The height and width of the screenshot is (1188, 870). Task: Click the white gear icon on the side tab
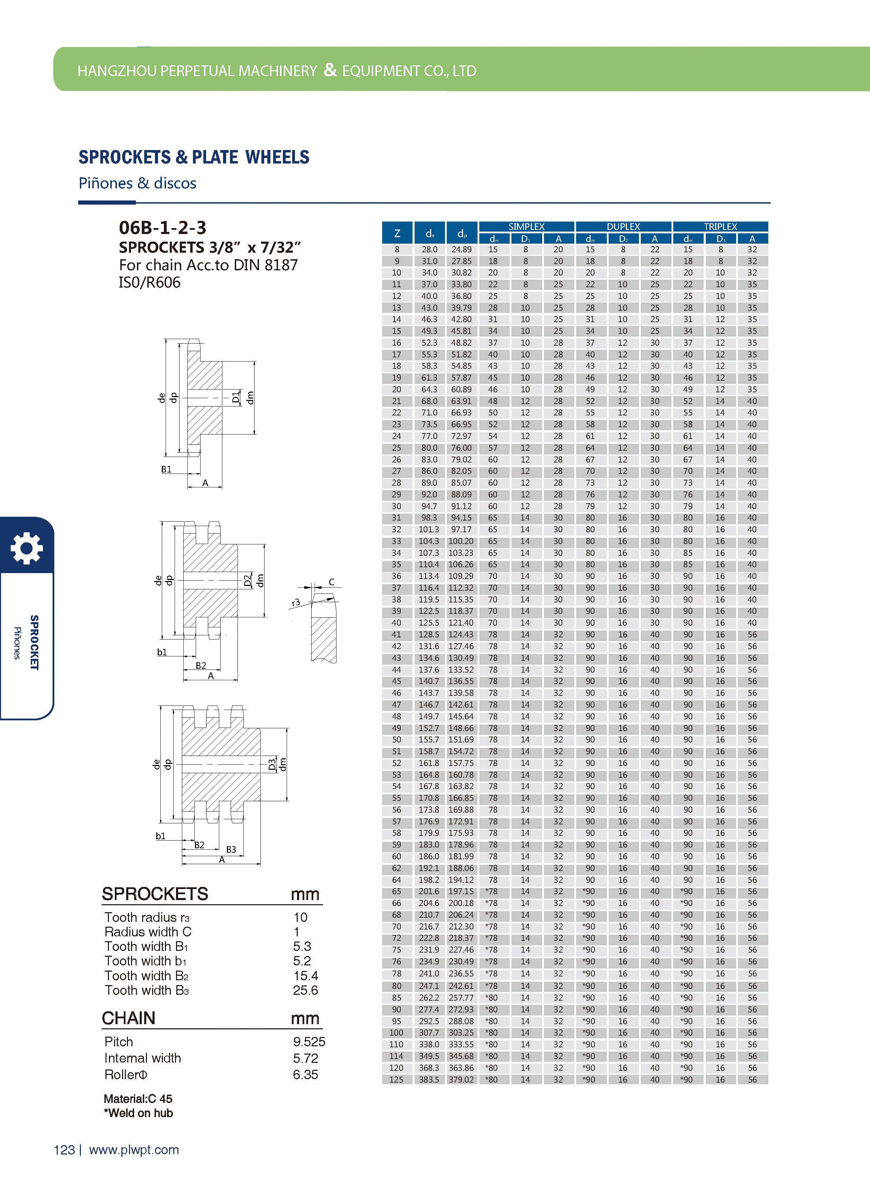coord(26,548)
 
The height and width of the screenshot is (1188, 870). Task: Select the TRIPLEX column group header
coord(720,226)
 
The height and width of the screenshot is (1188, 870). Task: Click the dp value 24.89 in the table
coord(461,250)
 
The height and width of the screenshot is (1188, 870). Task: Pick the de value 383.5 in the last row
coord(429,1079)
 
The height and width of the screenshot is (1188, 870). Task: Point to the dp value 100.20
coord(461,541)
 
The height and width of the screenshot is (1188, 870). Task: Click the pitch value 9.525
coord(309,1042)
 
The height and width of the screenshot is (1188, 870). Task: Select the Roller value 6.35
coord(305,1074)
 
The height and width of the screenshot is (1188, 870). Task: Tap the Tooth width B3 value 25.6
coord(305,990)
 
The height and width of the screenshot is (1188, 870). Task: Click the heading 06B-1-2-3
coord(162,227)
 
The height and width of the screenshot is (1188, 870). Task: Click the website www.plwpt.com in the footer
coord(134,1150)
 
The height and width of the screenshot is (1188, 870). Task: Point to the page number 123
coord(64,1150)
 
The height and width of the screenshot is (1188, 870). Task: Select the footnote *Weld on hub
coord(139,1113)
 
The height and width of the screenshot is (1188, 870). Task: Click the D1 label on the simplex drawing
coord(236,396)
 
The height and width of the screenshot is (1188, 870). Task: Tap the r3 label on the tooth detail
coord(296,602)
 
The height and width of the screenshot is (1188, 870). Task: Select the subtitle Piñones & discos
coord(138,183)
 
